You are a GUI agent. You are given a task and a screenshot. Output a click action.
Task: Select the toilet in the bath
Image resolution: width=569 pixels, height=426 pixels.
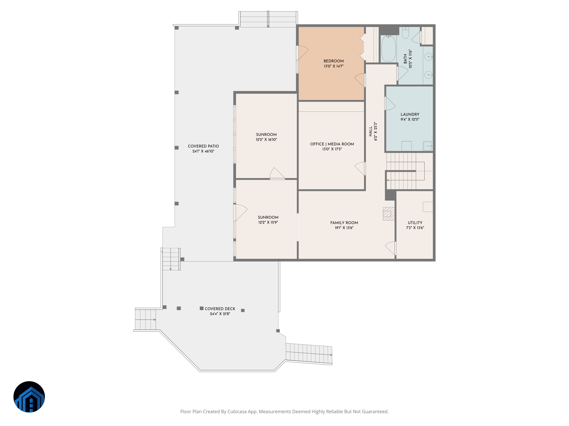(x=405, y=33)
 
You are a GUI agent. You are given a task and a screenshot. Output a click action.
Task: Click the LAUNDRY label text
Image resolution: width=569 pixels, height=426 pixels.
(x=410, y=115)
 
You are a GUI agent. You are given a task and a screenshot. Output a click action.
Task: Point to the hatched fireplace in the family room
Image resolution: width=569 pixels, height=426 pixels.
(x=388, y=214)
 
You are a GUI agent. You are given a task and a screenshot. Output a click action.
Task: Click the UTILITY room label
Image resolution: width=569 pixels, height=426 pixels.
(x=415, y=223)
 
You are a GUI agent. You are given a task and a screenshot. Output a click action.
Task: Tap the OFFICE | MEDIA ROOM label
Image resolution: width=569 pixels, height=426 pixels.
(x=332, y=144)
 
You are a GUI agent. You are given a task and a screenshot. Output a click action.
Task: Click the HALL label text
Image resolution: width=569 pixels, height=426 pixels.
(x=370, y=131)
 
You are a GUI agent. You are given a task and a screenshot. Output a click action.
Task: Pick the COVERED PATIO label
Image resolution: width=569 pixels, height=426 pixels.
(x=203, y=146)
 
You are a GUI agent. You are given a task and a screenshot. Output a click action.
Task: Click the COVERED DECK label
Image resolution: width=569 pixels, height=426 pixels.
(x=220, y=309)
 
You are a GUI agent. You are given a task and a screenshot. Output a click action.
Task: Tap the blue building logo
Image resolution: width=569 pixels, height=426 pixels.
(x=29, y=397)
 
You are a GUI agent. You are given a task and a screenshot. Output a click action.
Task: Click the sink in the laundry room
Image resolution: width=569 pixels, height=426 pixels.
(x=428, y=146)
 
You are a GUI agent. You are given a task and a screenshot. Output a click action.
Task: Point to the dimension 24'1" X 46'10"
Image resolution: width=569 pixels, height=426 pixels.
(x=203, y=151)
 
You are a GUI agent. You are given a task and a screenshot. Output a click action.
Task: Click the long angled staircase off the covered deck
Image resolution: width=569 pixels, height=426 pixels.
(x=309, y=354)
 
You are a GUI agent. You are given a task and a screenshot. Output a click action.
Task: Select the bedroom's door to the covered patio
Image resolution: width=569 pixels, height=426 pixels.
(x=302, y=52)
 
